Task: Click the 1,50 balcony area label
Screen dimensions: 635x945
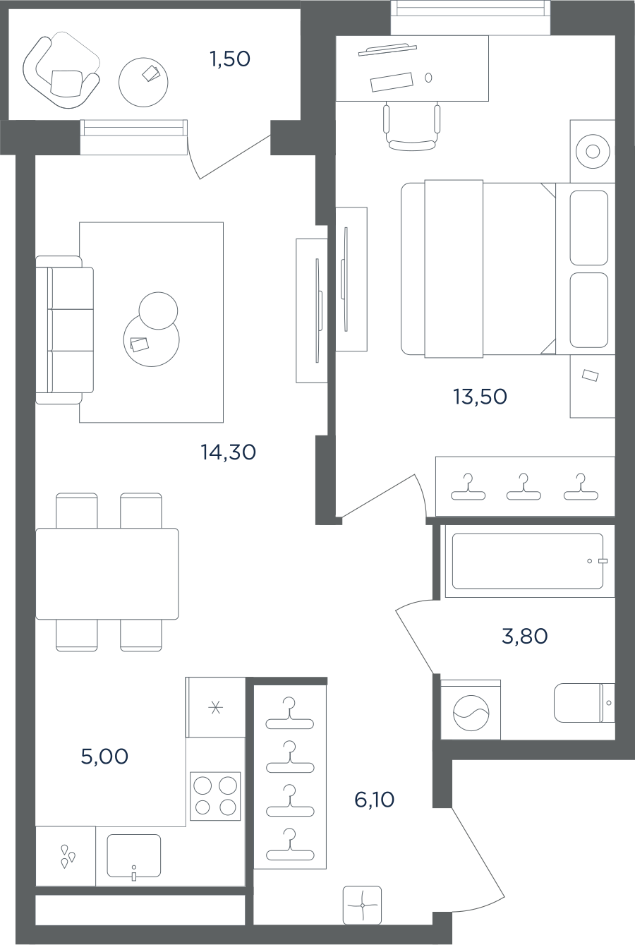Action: coord(230,59)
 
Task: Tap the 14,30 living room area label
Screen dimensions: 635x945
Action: coord(229,452)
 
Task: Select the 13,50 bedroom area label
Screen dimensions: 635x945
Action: coord(480,397)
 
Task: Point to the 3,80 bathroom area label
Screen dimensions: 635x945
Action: coord(524,636)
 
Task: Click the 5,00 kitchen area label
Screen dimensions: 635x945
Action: coord(104,757)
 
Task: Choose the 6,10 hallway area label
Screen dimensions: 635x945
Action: coord(375,800)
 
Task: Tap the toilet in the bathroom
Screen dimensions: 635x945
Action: coord(584,703)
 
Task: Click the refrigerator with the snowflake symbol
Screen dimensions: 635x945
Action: coord(215,707)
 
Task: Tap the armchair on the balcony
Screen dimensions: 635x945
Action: coord(61,73)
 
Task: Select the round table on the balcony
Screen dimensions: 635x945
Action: coord(143,83)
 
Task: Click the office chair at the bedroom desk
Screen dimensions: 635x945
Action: coord(411,127)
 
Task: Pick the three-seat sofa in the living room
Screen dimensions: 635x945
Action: coord(65,330)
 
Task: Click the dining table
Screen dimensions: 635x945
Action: coord(107,574)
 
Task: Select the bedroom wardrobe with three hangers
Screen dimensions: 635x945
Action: coord(525,486)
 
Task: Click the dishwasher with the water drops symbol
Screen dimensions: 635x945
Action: coord(66,856)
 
